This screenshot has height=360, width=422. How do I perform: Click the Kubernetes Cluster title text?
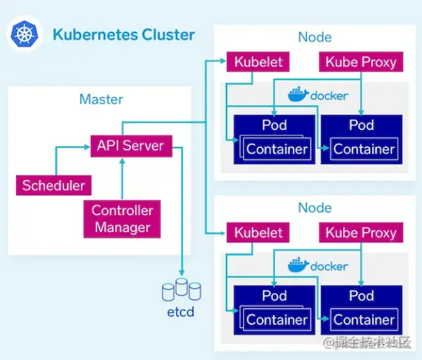pyautogui.click(x=123, y=35)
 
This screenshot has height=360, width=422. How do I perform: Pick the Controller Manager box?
pyautogui.click(x=123, y=219)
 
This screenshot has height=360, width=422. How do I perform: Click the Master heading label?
pyautogui.click(x=101, y=100)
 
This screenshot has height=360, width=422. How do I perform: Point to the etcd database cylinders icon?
pyautogui.click(x=181, y=289)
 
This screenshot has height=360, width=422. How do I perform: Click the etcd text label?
pyautogui.click(x=181, y=313)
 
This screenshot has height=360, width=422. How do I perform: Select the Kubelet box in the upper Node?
pyautogui.click(x=258, y=62)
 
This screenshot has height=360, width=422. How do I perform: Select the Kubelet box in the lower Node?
pyautogui.click(x=258, y=233)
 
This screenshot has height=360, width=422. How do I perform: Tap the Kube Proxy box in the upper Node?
pyautogui.click(x=361, y=62)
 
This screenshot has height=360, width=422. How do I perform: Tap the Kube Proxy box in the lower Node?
pyautogui.click(x=361, y=233)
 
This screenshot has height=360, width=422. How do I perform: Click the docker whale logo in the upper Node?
pyautogui.click(x=297, y=94)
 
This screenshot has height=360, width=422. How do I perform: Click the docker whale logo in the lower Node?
pyautogui.click(x=297, y=265)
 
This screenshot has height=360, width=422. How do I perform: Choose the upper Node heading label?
pyautogui.click(x=315, y=37)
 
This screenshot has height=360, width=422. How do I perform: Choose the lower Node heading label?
pyautogui.click(x=315, y=208)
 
